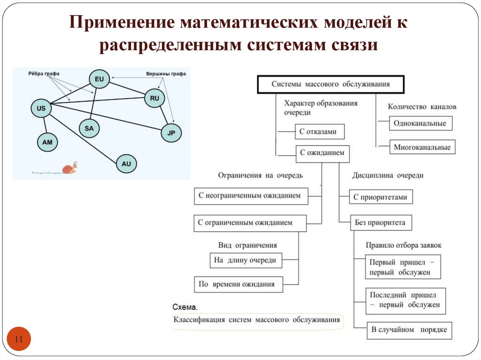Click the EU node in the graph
point(99,79)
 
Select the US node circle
point(41,108)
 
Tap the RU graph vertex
point(155,98)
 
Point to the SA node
point(89,128)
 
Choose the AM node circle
point(47,141)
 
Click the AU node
point(126,164)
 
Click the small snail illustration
point(70,168)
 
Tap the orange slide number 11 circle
point(19,339)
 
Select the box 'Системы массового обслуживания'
point(331,84)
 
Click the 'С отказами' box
point(319,132)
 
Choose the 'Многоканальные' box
point(422,147)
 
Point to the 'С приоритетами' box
point(381,197)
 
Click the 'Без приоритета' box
point(380,223)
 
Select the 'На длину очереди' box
point(246,260)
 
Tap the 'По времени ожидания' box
point(238,284)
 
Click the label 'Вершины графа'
point(166,74)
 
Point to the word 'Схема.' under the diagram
point(185,307)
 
